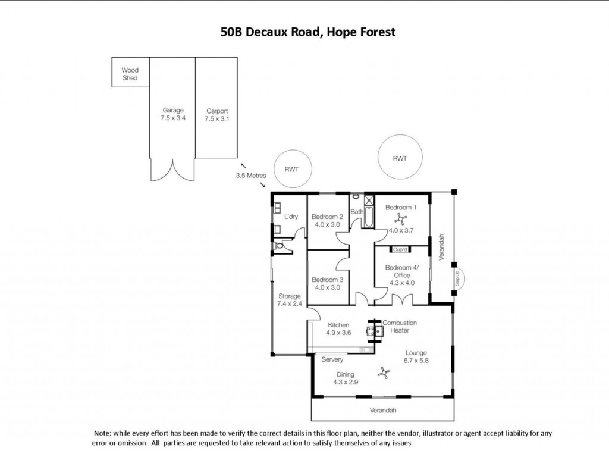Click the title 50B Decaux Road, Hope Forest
[307, 32]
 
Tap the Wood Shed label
[130, 74]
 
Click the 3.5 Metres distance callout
[251, 176]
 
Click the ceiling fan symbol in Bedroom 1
[400, 219]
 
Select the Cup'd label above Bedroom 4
[400, 249]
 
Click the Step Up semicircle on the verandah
[463, 278]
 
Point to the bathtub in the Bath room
[369, 217]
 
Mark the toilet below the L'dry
[279, 246]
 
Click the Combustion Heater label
[400, 327]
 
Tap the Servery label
[332, 359]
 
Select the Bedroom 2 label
[327, 217]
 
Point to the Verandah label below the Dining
[383, 411]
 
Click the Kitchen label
[338, 325]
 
